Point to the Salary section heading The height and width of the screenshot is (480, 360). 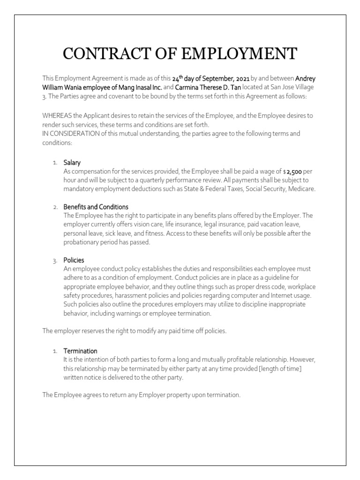(x=72, y=163)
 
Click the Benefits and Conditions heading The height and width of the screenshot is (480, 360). (x=96, y=207)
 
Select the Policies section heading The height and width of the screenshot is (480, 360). (x=74, y=260)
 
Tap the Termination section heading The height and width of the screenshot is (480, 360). (x=81, y=351)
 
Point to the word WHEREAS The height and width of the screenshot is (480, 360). (x=55, y=115)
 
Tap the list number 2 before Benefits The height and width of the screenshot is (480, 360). (x=55, y=207)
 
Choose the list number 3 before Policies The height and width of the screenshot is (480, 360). (x=55, y=260)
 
